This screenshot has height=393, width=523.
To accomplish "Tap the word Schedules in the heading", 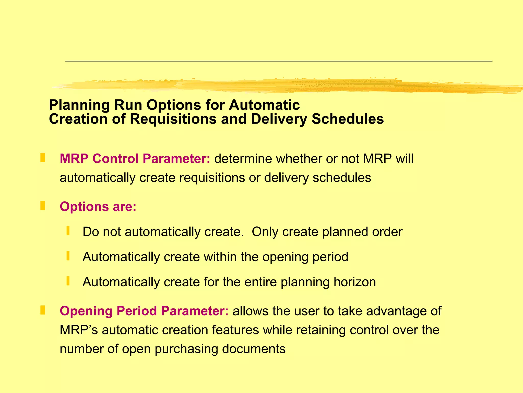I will tap(348, 119).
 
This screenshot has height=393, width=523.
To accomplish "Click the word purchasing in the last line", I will tap(186, 349).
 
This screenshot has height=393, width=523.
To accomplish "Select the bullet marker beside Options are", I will tap(43, 206).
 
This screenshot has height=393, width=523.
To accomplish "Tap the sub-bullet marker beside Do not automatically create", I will tap(68, 231).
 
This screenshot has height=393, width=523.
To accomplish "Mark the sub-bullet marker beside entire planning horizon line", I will tap(68, 281).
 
